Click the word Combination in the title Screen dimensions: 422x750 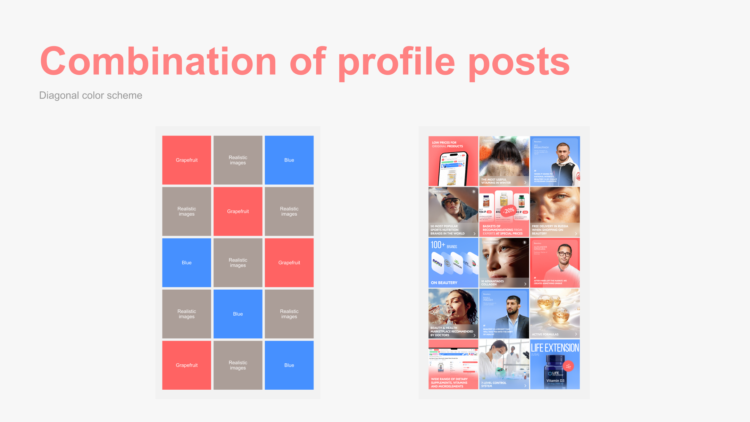point(158,61)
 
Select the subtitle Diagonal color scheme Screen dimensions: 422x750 point(91,96)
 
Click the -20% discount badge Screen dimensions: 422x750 point(509,210)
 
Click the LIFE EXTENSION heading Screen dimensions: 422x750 point(555,348)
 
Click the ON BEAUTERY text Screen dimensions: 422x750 point(444,283)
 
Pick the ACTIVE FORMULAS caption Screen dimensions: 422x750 point(545,334)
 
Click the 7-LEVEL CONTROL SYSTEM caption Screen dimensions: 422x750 point(493,384)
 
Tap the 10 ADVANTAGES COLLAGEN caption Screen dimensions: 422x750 point(492,283)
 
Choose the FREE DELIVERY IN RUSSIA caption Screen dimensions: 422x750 point(550,230)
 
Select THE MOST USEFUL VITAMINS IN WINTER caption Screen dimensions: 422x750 point(495,181)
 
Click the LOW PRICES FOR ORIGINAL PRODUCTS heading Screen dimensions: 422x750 point(447,144)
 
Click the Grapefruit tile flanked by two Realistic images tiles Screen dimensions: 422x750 point(238,212)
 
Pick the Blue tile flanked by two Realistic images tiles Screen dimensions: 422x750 point(238,314)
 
